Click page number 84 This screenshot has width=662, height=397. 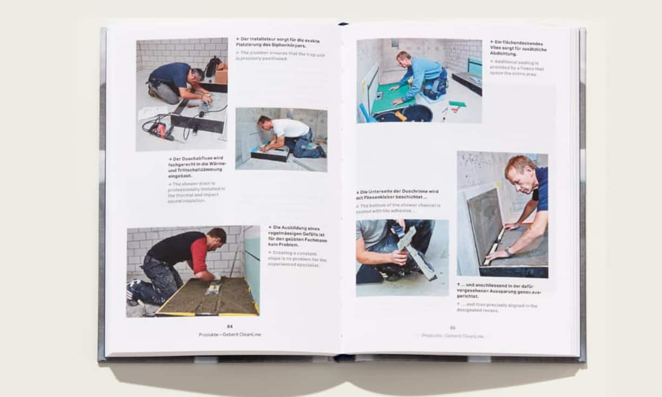click(x=230, y=326)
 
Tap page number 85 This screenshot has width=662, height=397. click(x=453, y=327)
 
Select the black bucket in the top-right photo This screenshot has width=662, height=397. click(x=417, y=113)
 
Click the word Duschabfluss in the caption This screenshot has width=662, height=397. click(x=193, y=159)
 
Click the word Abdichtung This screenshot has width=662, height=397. click(x=503, y=54)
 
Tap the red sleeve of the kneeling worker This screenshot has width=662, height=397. click(x=200, y=253)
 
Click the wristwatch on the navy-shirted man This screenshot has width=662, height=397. click(x=508, y=252)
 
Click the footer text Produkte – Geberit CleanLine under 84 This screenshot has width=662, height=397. click(x=230, y=334)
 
